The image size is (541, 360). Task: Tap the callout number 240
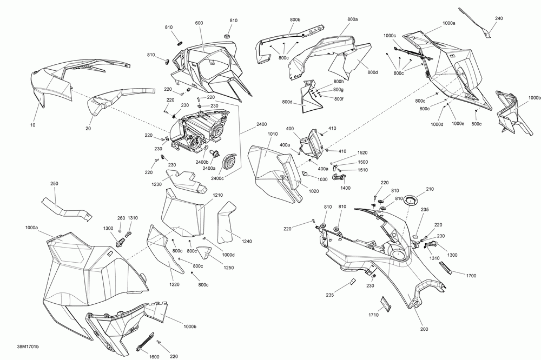click(x=498, y=18)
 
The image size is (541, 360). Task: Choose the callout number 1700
click(x=471, y=275)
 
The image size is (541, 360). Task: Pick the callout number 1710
click(x=374, y=315)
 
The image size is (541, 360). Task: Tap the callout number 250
click(x=54, y=184)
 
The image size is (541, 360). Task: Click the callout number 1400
click(x=346, y=188)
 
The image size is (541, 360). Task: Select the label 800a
click(x=352, y=19)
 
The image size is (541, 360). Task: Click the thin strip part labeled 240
click(x=476, y=21)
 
